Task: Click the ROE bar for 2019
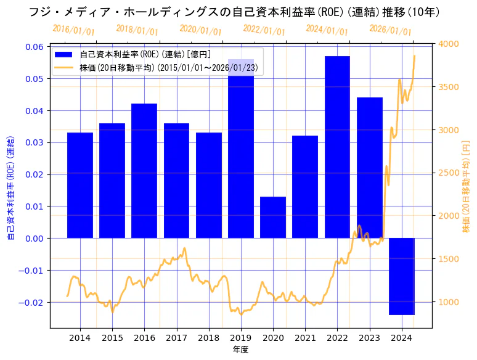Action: tap(241, 149)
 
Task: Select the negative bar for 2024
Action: tap(402, 276)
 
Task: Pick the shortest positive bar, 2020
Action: tap(273, 217)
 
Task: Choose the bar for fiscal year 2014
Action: tap(80, 185)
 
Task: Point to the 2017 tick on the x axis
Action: tap(176, 338)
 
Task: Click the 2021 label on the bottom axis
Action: tap(305, 338)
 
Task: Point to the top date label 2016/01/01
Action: tap(73, 30)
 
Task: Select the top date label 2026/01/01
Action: tap(390, 30)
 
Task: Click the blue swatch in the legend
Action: tap(63, 55)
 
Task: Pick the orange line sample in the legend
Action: tap(63, 67)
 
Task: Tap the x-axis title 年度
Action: tap(240, 350)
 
